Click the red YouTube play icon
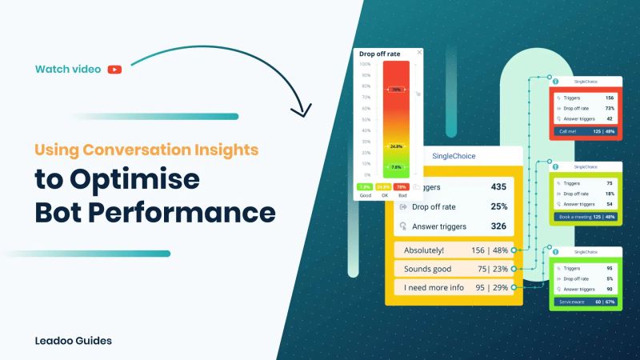pos(115,70)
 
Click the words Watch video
pos(68,70)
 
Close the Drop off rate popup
pos(418,54)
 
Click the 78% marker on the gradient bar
pos(395,90)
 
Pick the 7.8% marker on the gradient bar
pos(395,167)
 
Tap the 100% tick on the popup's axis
pos(365,64)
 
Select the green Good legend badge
pos(364,186)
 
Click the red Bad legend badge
pos(401,186)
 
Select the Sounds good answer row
pos(453,268)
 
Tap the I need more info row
pos(453,286)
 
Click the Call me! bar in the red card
pos(586,131)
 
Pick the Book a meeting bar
pos(586,217)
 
